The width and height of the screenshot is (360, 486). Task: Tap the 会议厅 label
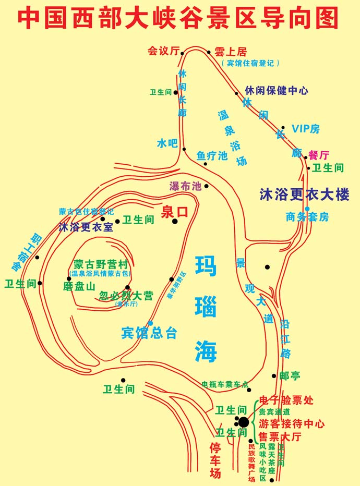click(x=163, y=51)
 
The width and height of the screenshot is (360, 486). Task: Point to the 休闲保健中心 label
click(x=277, y=90)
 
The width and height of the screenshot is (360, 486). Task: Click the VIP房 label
click(x=305, y=129)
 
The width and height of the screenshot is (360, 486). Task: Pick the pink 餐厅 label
click(x=319, y=155)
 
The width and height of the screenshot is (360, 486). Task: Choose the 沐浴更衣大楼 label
click(x=304, y=195)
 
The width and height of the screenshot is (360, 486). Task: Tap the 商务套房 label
click(x=307, y=217)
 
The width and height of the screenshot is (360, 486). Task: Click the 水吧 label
click(x=167, y=143)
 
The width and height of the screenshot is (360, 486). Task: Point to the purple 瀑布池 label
click(x=185, y=186)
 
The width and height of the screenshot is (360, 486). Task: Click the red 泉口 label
click(x=174, y=211)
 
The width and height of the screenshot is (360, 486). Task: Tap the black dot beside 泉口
click(x=175, y=222)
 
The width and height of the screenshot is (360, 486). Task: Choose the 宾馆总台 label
click(x=149, y=333)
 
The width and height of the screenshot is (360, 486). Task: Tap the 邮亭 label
click(x=290, y=376)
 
